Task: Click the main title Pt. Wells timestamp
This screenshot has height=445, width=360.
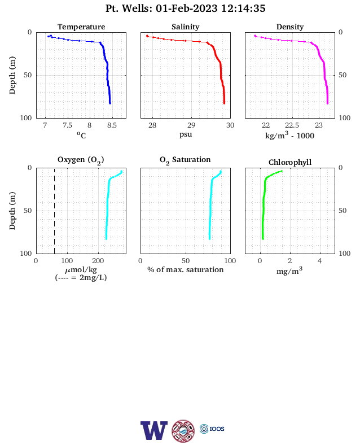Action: point(186,8)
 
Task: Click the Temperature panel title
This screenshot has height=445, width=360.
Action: point(81,27)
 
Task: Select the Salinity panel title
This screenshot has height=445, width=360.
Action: point(186,27)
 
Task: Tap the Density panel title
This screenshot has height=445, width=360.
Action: point(290,27)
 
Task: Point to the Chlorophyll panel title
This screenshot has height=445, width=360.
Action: point(290,162)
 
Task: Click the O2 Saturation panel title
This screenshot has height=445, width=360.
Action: point(185,160)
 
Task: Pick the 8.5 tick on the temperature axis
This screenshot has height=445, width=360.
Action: point(112,125)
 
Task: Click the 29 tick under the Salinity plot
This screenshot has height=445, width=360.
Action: point(191,125)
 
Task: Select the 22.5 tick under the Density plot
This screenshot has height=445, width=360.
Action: point(292,125)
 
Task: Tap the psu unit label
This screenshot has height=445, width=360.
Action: point(186,134)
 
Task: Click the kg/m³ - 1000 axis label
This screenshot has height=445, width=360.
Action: point(289,135)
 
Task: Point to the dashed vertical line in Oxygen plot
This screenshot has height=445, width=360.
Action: point(54,211)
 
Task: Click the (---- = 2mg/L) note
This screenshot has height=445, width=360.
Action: point(81,277)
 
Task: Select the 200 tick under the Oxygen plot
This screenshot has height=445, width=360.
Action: point(98,261)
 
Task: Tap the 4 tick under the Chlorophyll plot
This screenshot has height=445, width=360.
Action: point(320,261)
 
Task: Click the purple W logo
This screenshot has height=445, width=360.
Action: point(154,430)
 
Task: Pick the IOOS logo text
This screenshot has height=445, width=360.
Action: point(217,429)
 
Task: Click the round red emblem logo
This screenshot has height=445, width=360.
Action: point(183,431)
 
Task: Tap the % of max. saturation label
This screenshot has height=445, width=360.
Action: point(186,269)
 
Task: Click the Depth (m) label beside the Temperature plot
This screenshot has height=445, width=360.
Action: point(12,75)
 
